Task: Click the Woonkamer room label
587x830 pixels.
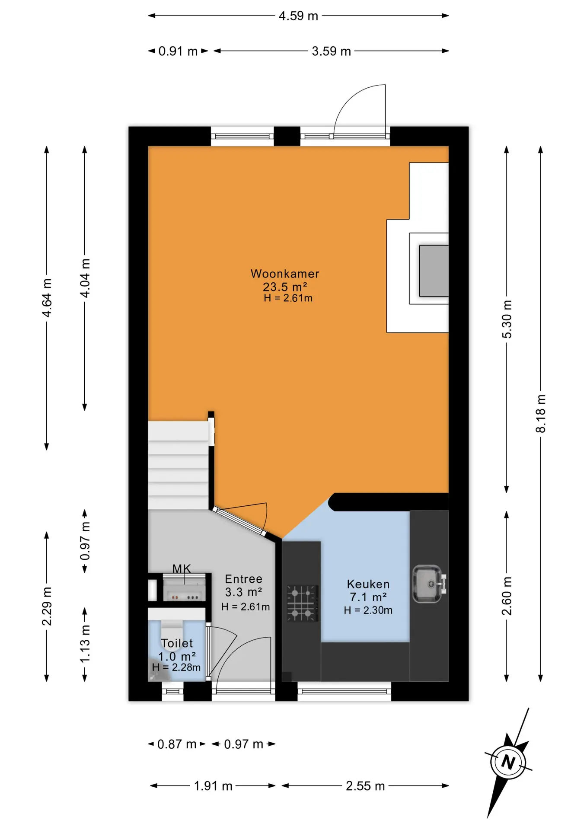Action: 285,274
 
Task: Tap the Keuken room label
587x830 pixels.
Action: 368,584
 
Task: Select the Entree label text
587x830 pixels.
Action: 244,579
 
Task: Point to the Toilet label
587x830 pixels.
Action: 177,643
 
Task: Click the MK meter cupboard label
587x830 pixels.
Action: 182,568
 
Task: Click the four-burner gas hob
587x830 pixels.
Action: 303,603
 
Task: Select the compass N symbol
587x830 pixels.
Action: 508,762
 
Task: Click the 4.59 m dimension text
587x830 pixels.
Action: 298,16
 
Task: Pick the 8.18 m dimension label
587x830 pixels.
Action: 541,413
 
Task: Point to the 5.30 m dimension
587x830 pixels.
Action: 507,319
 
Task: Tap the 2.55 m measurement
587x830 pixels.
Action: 365,786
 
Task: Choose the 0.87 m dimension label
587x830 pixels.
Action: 177,744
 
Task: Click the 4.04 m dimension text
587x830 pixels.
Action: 85,278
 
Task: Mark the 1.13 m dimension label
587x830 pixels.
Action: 85,643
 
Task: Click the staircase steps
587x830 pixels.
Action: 178,465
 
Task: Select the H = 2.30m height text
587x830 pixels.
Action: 368,610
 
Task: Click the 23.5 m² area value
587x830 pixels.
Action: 285,287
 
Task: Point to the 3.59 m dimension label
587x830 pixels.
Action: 332,51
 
